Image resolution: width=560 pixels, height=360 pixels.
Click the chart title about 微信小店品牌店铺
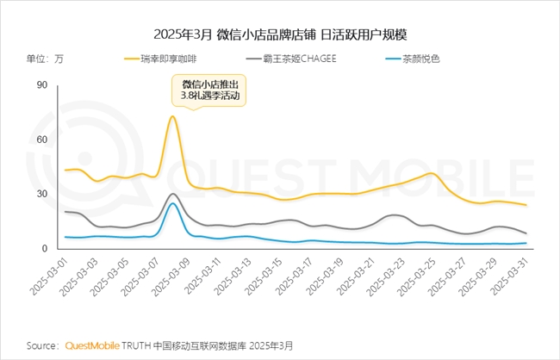[280, 35]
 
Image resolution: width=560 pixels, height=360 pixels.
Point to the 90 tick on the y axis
[41, 84]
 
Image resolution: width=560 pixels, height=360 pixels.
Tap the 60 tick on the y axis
[41, 140]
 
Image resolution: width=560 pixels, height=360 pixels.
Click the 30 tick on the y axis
[41, 194]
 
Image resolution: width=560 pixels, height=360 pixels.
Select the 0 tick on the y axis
[44, 249]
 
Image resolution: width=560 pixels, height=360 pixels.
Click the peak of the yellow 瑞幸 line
[173, 116]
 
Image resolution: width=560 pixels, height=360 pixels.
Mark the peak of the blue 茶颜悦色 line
[173, 203]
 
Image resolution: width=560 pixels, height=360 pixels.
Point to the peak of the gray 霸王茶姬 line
[173, 194]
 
